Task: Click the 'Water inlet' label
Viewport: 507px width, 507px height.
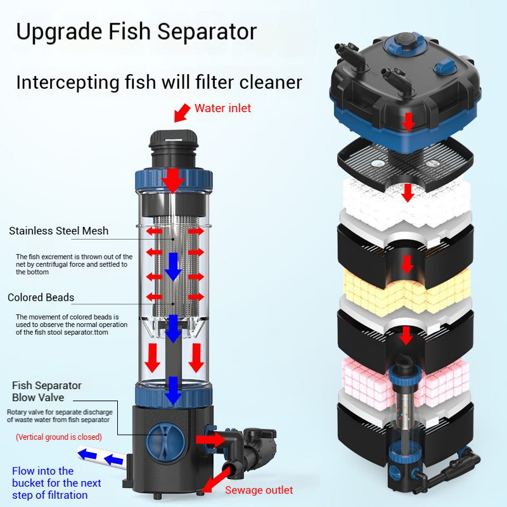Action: [x=222, y=108]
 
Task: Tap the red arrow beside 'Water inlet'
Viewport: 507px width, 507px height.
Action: [x=182, y=113]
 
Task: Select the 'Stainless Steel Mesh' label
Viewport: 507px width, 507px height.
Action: [x=58, y=231]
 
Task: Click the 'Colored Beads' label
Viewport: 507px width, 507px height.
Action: [x=41, y=297]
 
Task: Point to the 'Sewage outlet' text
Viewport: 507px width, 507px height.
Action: [x=259, y=490]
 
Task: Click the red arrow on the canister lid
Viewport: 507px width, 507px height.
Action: [x=409, y=120]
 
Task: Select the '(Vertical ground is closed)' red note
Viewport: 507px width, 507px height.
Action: [x=58, y=437]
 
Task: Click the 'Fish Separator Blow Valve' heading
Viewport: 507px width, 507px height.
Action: [x=46, y=391]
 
